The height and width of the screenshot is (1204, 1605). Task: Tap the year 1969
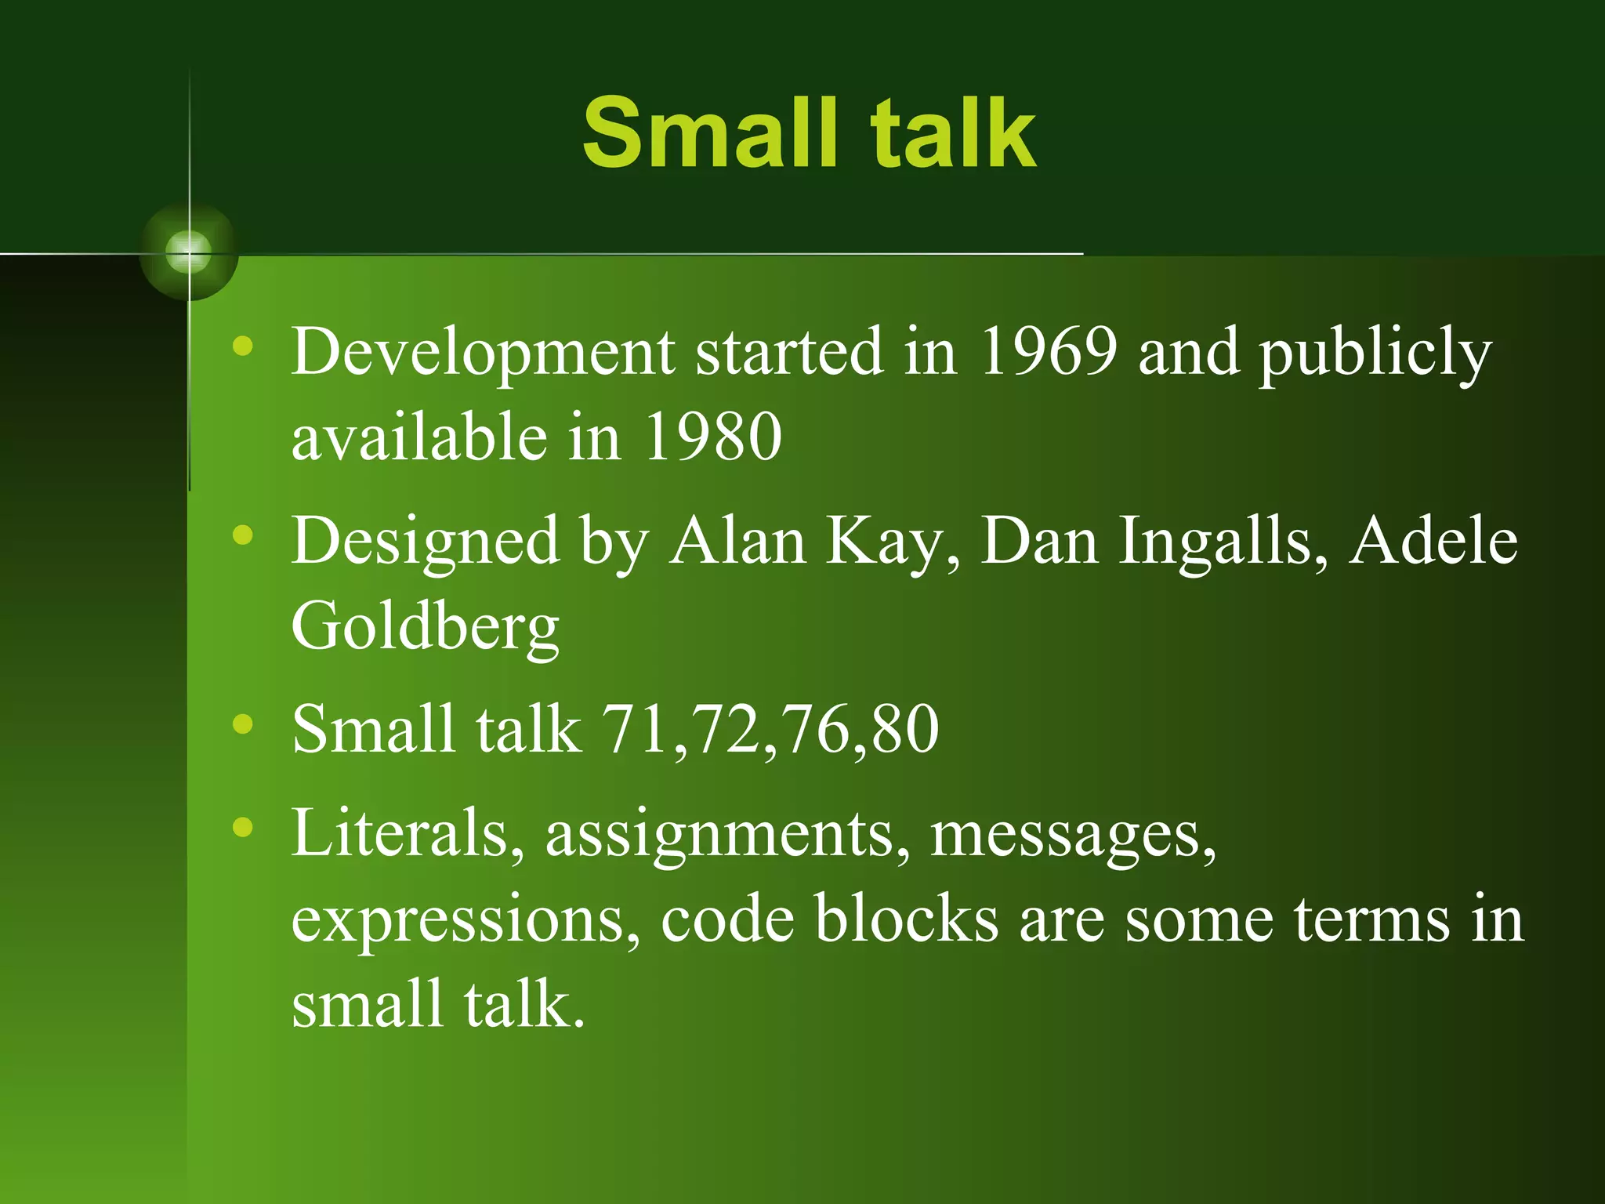pos(1049,352)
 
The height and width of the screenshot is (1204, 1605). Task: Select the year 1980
pos(712,437)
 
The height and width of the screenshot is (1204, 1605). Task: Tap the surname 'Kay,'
pos(893,542)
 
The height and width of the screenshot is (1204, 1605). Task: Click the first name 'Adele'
pos(1433,541)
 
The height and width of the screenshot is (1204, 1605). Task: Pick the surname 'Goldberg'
pos(426,627)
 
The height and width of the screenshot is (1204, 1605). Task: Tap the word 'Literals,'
pos(408,833)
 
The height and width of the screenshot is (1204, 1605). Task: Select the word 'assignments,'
pos(727,836)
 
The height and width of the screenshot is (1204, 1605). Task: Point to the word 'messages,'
pos(1073,836)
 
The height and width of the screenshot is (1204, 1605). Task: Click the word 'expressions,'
pos(466,921)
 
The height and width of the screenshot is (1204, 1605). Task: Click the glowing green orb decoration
pos(189,252)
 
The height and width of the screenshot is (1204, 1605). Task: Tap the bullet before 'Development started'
pos(243,346)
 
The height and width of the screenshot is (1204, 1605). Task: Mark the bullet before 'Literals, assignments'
pos(243,827)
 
